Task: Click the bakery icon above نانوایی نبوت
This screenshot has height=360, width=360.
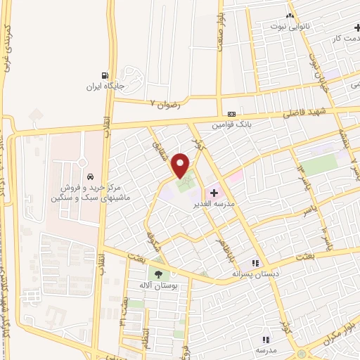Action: click(x=290, y=15)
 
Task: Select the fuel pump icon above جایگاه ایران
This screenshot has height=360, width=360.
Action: click(x=105, y=76)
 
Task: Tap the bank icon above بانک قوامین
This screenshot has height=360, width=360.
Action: click(x=231, y=115)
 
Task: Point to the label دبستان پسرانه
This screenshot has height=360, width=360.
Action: click(x=257, y=274)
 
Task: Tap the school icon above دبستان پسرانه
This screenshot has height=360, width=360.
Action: click(x=265, y=262)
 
